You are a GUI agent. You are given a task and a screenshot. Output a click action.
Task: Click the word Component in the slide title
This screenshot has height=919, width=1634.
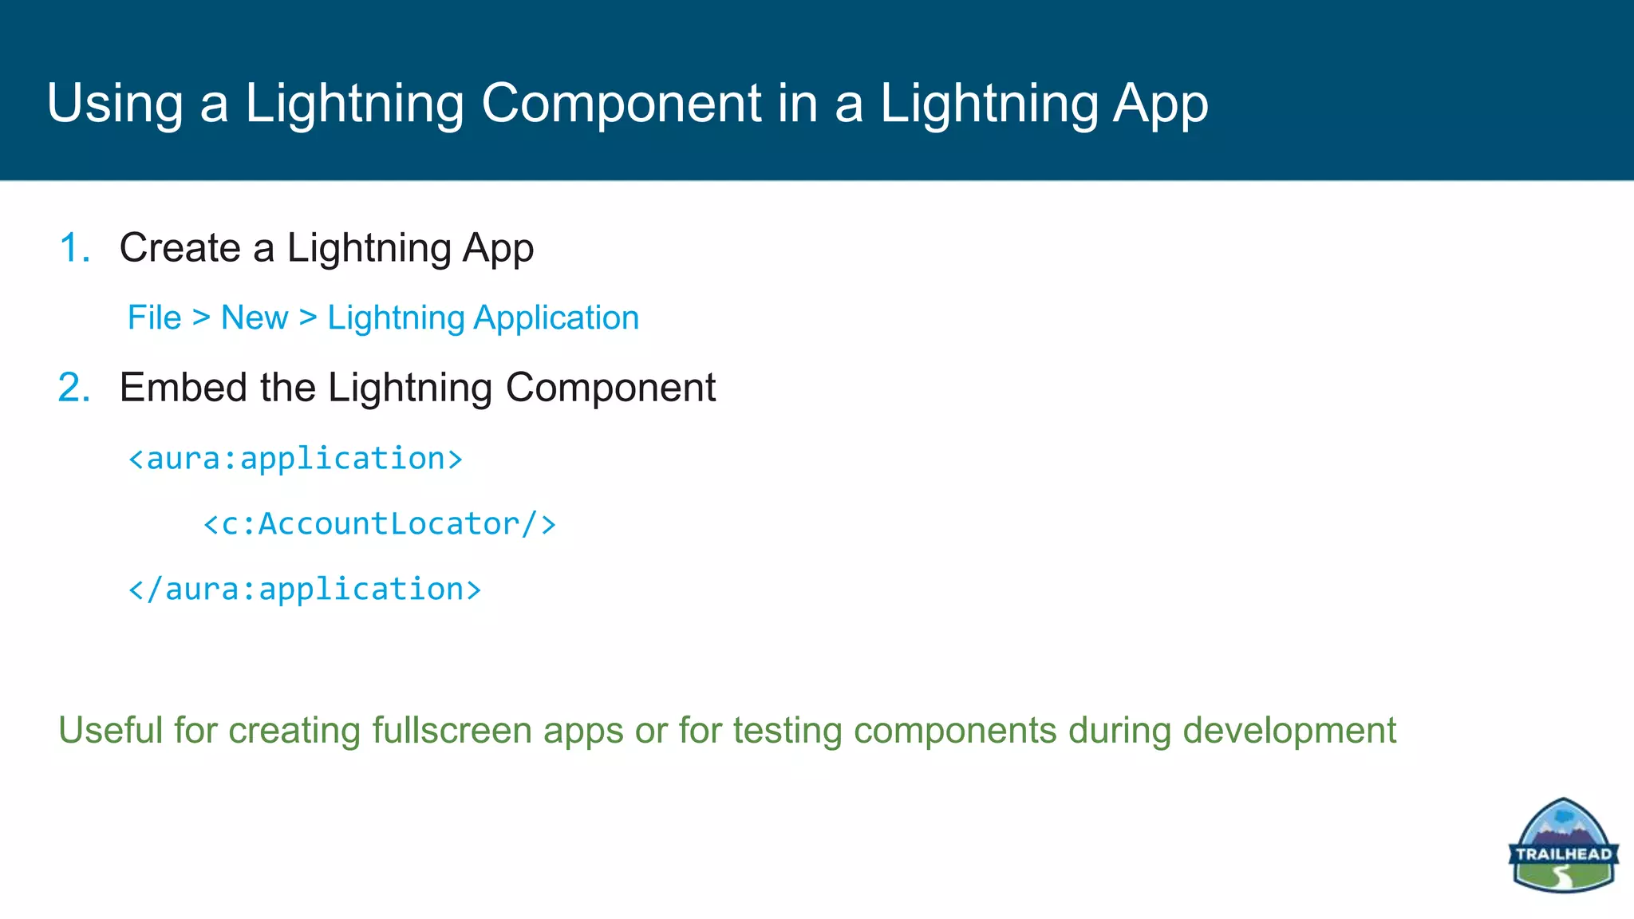point(621,104)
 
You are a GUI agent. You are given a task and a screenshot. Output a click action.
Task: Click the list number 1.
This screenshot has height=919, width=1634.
point(74,248)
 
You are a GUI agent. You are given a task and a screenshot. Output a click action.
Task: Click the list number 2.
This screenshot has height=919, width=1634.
point(74,389)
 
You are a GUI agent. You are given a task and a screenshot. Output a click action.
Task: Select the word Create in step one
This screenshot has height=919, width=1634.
point(180,248)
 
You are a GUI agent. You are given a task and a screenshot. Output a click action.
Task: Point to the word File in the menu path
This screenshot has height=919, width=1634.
point(155,318)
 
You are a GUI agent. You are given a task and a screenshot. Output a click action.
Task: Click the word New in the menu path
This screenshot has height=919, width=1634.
point(255,318)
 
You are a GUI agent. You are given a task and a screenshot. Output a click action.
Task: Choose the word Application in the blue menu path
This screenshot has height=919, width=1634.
point(556,318)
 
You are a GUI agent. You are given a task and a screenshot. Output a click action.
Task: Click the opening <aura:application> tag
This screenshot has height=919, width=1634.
point(295,459)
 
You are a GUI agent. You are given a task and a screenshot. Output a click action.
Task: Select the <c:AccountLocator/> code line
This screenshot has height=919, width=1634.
point(380,524)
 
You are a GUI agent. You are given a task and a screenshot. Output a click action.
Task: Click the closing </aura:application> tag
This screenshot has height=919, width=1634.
point(305,590)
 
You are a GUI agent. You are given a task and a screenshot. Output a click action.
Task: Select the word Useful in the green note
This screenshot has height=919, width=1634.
point(110,731)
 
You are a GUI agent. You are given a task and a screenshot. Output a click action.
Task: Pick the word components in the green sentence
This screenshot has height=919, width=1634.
point(954,731)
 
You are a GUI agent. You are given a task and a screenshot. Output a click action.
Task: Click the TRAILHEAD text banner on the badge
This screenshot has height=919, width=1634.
point(1562,854)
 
